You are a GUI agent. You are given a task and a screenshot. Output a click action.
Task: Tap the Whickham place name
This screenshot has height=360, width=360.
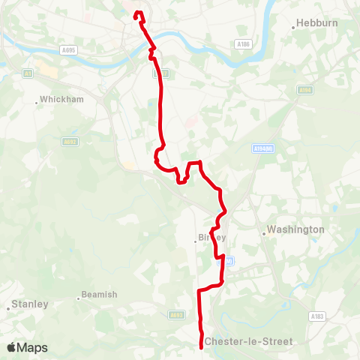[x=61, y=99]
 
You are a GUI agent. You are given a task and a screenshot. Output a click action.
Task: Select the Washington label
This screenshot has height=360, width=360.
[x=295, y=229]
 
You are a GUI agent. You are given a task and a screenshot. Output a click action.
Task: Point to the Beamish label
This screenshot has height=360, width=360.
[x=100, y=295]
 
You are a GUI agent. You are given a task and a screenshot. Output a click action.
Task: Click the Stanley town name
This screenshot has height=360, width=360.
[x=31, y=304]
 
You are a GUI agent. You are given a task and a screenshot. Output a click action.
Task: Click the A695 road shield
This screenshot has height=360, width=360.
[x=68, y=50]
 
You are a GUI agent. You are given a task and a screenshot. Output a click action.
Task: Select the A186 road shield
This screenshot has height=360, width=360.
[x=241, y=44]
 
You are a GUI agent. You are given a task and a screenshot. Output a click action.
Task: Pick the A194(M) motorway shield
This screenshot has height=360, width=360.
[x=262, y=148]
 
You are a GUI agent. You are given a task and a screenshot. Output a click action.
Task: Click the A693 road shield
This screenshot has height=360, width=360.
[x=177, y=315]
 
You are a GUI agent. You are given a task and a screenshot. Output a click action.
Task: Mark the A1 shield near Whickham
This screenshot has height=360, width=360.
[x=27, y=73]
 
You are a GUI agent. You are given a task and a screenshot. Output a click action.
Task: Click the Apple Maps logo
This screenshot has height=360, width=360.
[x=27, y=347]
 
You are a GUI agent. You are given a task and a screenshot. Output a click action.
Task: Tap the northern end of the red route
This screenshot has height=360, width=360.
[x=136, y=13]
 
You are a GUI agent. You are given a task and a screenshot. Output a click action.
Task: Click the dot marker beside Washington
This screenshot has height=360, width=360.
[x=264, y=233]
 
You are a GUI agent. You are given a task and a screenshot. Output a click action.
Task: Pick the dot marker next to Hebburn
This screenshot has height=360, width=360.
[x=293, y=28]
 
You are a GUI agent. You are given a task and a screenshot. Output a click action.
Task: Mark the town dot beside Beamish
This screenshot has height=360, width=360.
[x=78, y=298]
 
